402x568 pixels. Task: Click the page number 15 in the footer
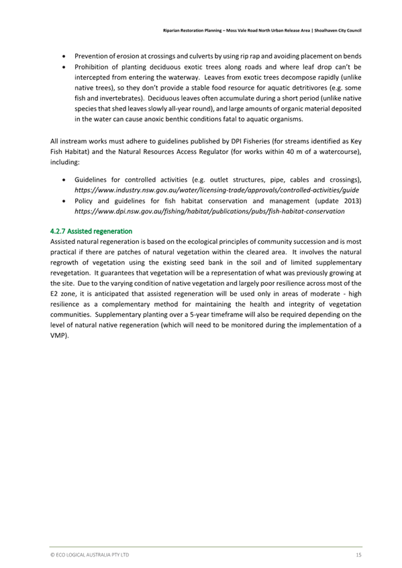[359, 555]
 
